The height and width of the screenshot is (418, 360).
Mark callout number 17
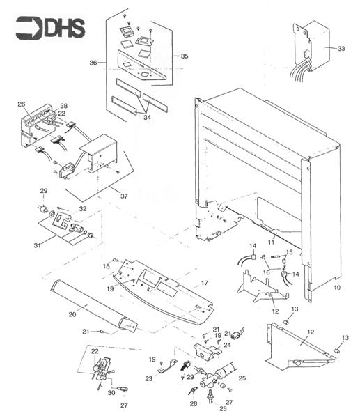pos(205,284)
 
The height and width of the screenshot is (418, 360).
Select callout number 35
pos(184,56)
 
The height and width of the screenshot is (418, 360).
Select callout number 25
pos(242,378)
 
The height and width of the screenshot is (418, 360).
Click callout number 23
pos(148,379)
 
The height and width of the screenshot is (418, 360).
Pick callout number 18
pos(107,266)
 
